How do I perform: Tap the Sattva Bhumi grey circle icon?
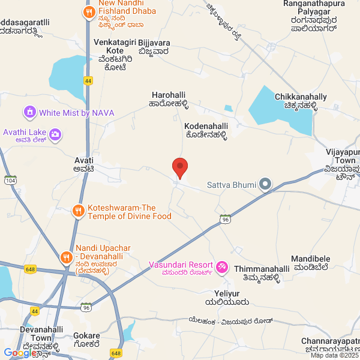click(265, 185)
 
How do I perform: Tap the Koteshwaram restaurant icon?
click(78, 211)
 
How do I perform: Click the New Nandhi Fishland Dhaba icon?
click(89, 11)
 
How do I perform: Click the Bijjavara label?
click(154, 47)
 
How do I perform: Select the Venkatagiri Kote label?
click(115, 55)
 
